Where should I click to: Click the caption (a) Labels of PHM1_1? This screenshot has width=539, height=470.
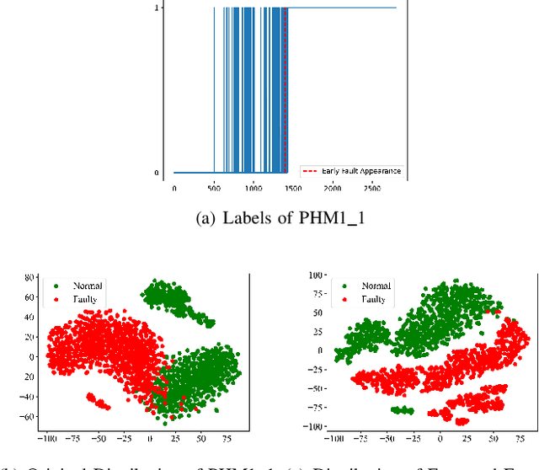[x=269, y=219]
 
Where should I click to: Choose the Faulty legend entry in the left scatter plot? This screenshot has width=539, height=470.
[x=80, y=298]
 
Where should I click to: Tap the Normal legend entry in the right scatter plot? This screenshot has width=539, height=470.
[x=370, y=286]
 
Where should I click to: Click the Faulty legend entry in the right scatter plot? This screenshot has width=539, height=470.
[x=370, y=298]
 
